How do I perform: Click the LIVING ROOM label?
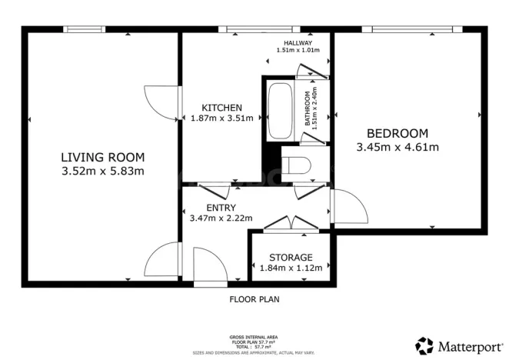point(102,157)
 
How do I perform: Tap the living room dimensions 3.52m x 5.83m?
point(102,171)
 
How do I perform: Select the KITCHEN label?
point(221,107)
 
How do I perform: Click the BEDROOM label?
point(398,132)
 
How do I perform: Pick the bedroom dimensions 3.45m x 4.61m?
point(398,147)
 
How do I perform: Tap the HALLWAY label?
point(298,42)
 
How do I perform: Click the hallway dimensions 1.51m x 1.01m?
point(298,51)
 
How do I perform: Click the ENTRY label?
point(221,208)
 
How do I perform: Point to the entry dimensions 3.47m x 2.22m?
point(221,218)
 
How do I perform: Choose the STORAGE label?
point(291,257)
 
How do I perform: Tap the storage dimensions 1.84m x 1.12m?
point(291,268)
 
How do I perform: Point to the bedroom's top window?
point(417,30)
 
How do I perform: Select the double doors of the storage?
point(291,225)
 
